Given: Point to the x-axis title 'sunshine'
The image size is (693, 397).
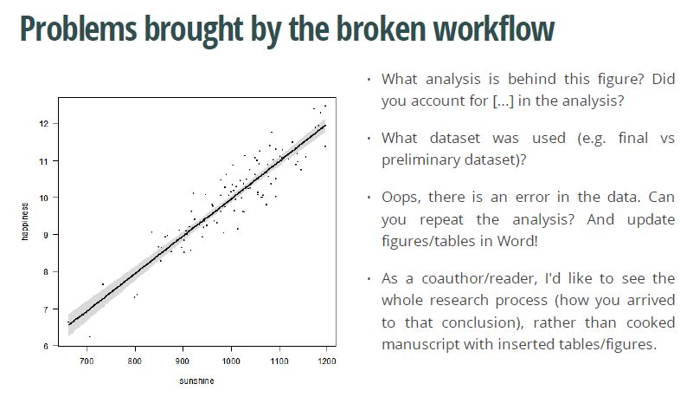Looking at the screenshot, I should [197, 381].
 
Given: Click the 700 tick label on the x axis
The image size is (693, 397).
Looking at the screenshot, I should [87, 361].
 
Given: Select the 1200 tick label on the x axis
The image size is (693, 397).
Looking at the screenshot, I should [326, 361].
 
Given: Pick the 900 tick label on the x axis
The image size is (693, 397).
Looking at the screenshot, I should [183, 361].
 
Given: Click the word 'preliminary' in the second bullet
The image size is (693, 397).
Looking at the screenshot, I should [416, 159].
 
